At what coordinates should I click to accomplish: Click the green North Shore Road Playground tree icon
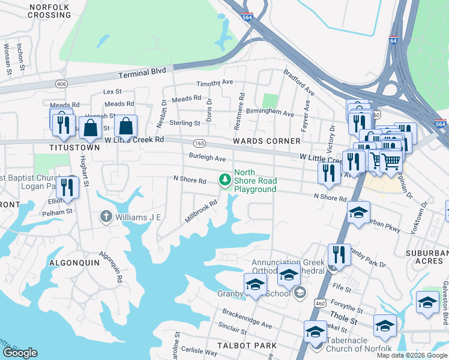point(225,179)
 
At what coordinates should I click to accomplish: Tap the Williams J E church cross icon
point(106,216)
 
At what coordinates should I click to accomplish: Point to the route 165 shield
point(199,143)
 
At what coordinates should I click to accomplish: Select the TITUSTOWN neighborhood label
point(74,147)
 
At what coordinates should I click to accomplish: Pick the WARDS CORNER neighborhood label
point(267,141)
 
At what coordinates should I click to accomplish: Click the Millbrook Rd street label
point(200,211)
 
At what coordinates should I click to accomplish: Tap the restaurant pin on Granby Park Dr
point(339,254)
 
